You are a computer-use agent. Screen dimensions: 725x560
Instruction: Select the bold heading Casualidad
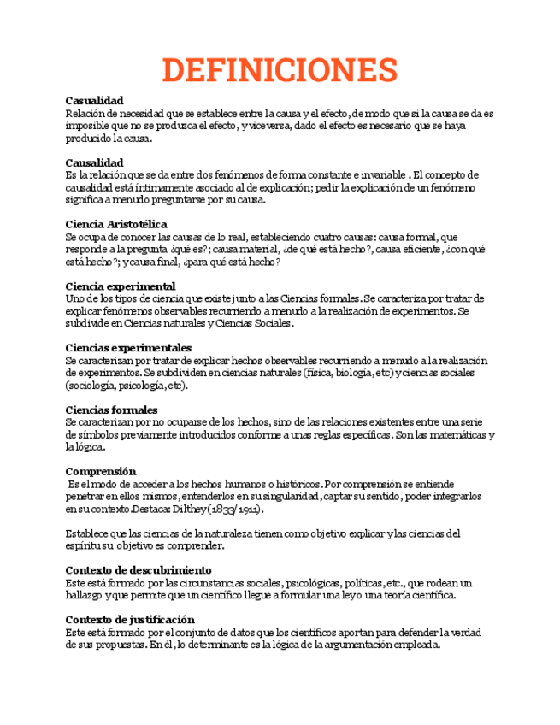94,101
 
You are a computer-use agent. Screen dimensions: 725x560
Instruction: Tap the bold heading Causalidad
94,162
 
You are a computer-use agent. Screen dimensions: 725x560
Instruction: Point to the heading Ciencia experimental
121,286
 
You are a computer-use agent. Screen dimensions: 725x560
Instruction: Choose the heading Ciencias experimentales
128,348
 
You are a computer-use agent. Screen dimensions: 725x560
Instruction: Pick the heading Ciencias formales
111,410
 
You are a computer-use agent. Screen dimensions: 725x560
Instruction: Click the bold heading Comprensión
101,471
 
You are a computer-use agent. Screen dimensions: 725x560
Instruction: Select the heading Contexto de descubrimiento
139,570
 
